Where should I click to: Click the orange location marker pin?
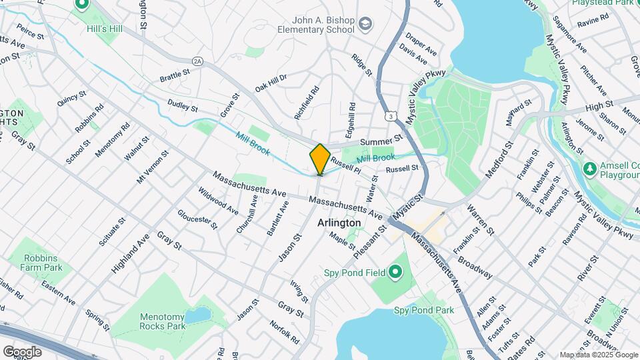320,159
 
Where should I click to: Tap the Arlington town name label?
339,223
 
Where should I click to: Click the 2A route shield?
197,61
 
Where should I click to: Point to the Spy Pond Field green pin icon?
395,271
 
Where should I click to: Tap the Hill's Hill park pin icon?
83,6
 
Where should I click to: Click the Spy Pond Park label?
423,310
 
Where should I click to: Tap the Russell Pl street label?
345,164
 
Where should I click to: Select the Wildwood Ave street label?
217,200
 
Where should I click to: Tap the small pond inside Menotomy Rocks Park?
197,315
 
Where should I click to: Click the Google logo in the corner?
22,351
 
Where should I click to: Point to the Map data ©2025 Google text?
598,355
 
